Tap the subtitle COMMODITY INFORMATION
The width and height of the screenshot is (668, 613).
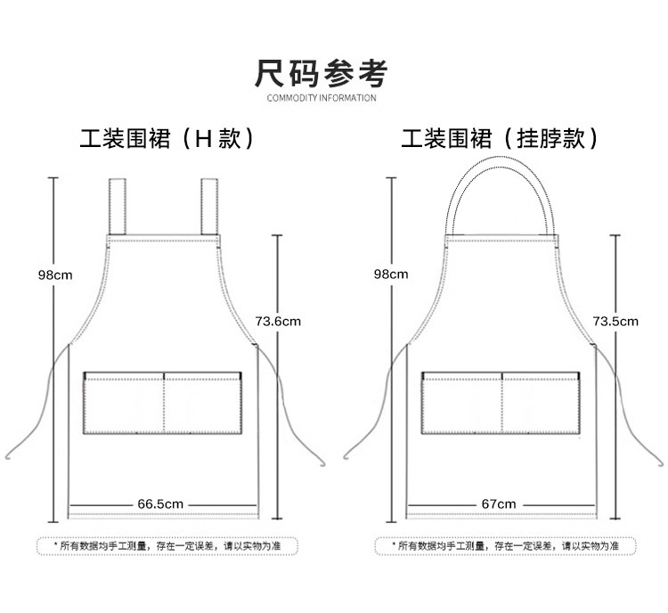[x=322, y=98]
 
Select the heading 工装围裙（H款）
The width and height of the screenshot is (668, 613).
[x=167, y=139]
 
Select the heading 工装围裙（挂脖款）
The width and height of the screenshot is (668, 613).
[x=500, y=139]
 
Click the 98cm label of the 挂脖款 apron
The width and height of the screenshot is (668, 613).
[x=391, y=274]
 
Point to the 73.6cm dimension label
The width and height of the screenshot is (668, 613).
[x=278, y=322]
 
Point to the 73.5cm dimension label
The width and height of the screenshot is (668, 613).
[x=615, y=322]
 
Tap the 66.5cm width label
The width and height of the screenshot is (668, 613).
[x=160, y=504]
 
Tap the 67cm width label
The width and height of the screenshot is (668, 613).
[x=499, y=504]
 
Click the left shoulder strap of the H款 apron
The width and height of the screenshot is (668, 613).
[x=117, y=206]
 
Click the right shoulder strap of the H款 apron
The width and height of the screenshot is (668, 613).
[x=209, y=206]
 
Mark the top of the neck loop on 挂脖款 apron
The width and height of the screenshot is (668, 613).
[x=501, y=162]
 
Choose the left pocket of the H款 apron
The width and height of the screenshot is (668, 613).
[x=124, y=404]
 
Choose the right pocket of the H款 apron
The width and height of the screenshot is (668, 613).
[x=203, y=404]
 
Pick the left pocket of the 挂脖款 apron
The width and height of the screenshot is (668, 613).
[x=462, y=404]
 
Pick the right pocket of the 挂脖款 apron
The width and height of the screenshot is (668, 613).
[x=541, y=404]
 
